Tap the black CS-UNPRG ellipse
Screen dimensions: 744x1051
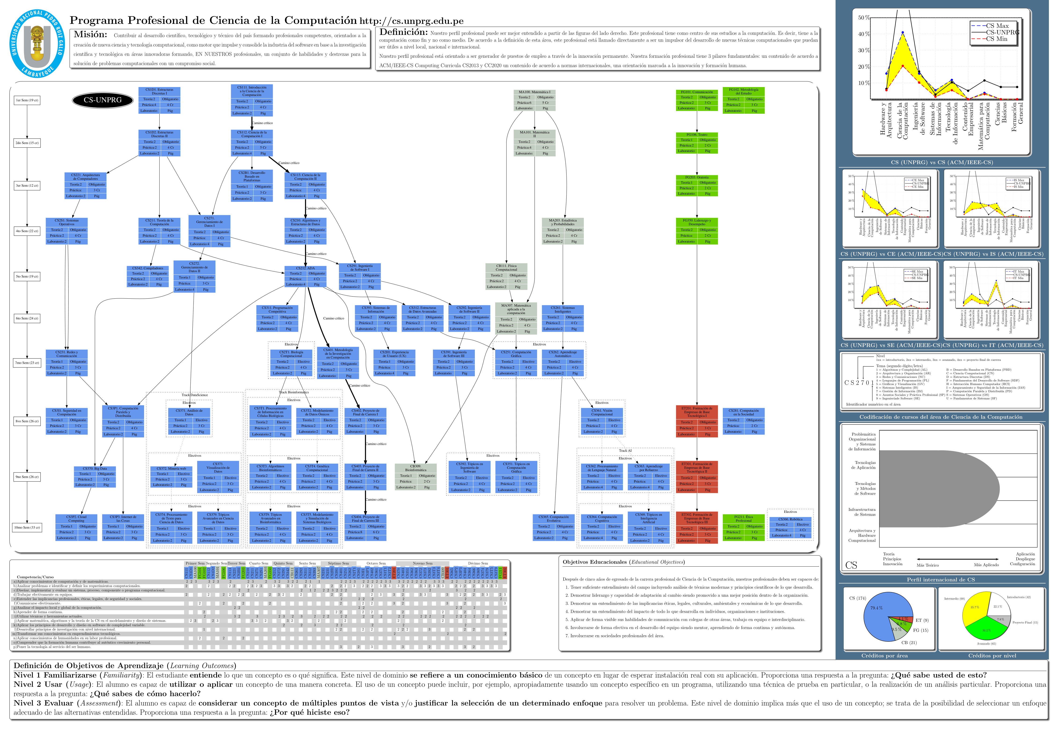103,100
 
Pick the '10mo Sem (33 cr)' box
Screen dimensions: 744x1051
27,527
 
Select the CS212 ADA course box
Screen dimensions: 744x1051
305,276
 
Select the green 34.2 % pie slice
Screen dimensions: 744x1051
985,630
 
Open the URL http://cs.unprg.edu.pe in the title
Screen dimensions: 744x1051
411,21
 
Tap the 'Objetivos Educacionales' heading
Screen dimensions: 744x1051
594,562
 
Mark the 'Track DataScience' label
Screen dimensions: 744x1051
195,395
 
